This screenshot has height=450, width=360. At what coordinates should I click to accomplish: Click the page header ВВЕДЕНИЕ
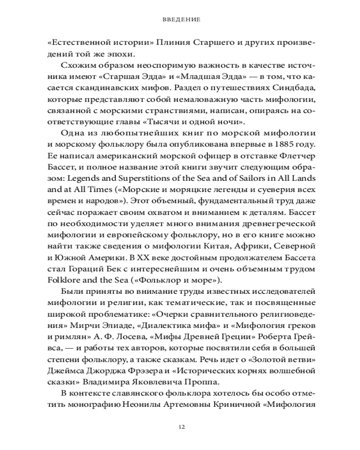[180, 20]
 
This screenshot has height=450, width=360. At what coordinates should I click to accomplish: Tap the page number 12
[180, 427]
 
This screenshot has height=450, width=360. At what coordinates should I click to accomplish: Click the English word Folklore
[63, 279]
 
